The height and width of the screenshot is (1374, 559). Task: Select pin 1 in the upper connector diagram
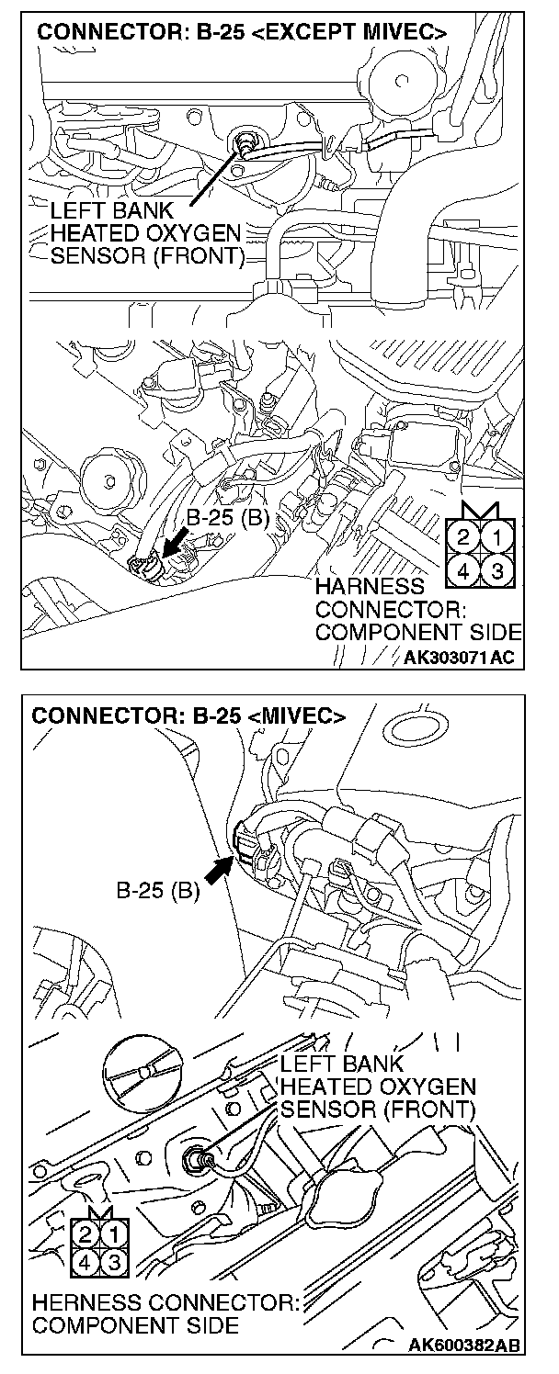(497, 535)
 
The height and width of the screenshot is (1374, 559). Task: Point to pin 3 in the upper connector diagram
(497, 570)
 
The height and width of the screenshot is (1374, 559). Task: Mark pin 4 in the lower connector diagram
(86, 1264)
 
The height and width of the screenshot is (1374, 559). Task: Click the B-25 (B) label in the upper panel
(226, 519)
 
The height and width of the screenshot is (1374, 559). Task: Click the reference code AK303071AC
(460, 658)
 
